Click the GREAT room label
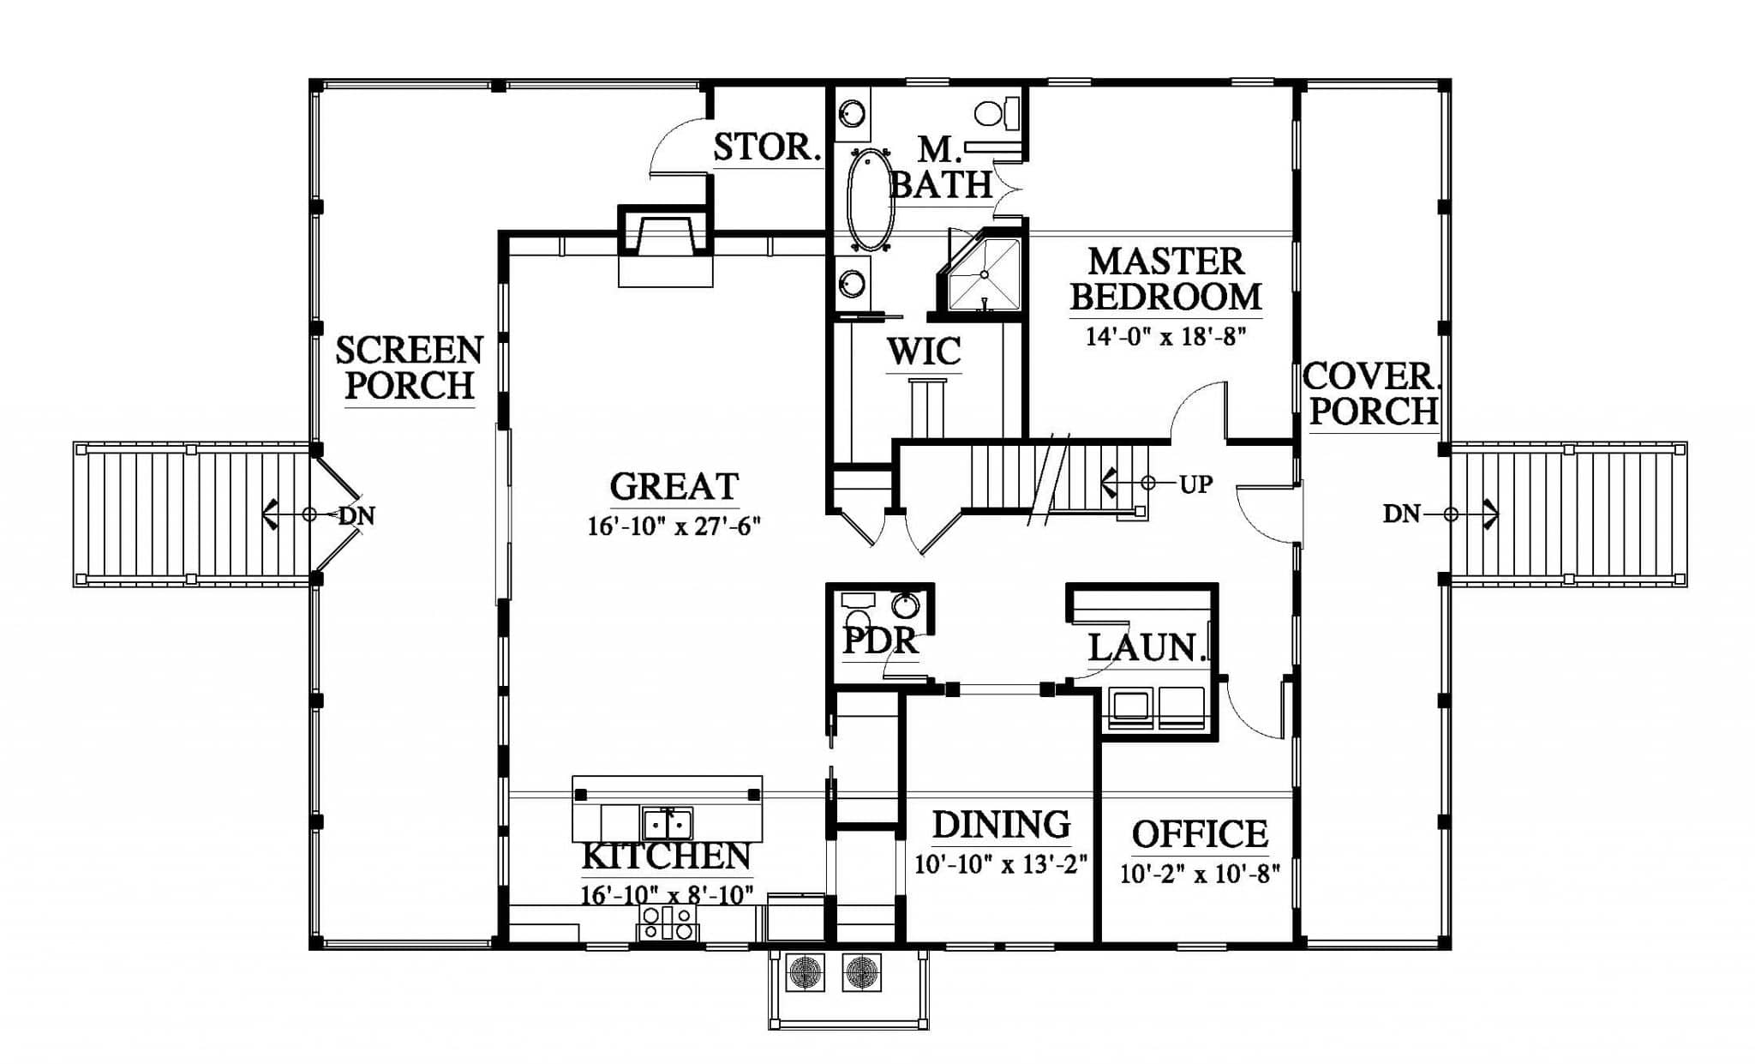coord(674,487)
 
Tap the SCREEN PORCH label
coord(409,368)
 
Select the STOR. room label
coord(767,147)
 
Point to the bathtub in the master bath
coord(870,200)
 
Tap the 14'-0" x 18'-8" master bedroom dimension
coord(1165,335)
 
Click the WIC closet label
coord(923,352)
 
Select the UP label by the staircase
coord(1196,484)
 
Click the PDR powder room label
coord(881,640)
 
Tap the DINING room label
coord(1001,824)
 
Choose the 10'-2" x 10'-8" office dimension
coord(1200,874)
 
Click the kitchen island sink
coord(668,824)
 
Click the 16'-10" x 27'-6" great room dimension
coord(674,526)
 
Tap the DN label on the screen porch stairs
coord(356,516)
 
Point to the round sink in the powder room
coord(906,606)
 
